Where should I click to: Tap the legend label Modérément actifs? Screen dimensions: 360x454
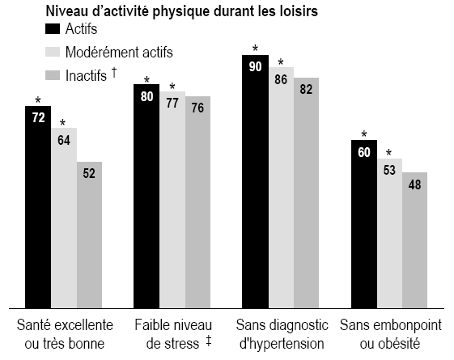click(131, 52)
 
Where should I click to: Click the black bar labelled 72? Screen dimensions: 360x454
click(37, 206)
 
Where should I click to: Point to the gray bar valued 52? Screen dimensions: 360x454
click(89, 235)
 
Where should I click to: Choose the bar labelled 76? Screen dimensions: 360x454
click(197, 201)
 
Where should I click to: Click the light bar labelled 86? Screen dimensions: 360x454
click(280, 187)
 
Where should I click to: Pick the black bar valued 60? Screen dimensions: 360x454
click(363, 223)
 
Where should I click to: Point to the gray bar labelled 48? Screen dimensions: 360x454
click(414, 239)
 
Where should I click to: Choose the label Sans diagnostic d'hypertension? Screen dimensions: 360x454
click(282, 334)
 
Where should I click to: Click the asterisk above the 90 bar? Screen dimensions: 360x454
click(255, 48)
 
